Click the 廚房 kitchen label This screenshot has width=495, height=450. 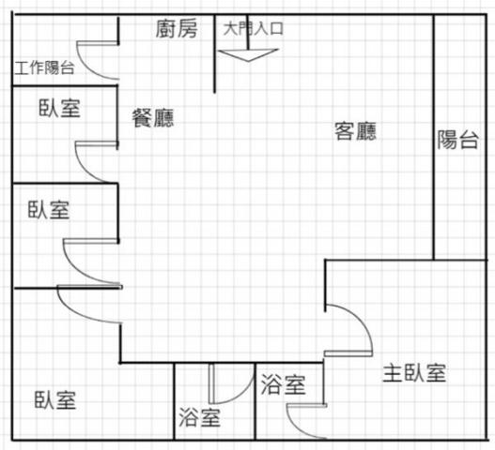point(177,29)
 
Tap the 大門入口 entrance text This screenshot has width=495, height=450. point(253,29)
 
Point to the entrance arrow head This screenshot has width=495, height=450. point(249,55)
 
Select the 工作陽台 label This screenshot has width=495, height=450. point(44,67)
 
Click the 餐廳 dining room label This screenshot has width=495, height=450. point(153,118)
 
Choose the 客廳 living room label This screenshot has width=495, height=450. point(355,131)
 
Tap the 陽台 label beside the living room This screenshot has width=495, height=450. point(457,140)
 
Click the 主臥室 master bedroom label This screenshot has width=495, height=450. point(414,373)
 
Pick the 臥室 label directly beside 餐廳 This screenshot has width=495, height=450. point(59,108)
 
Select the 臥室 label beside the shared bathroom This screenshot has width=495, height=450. point(54,400)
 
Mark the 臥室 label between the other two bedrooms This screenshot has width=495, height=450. point(48,209)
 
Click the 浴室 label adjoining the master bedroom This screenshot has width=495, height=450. point(283,384)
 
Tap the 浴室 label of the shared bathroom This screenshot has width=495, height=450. point(199,417)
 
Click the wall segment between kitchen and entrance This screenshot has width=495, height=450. point(215,53)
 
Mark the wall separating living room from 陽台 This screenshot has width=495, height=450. point(434,137)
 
